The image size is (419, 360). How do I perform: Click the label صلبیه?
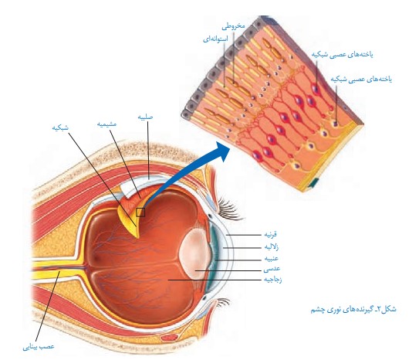point(145,117)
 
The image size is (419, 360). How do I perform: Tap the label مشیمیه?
point(107,124)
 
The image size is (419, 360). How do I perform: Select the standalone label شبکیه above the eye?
point(60,127)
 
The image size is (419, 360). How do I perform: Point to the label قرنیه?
point(270,234)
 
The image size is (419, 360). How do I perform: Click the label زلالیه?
point(272,246)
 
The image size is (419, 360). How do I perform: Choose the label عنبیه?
point(272,258)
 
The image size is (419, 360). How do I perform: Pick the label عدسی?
point(272,269)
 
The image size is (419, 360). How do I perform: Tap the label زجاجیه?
point(273,280)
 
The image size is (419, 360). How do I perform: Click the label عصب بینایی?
point(39,347)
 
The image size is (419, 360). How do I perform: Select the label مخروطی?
point(233,26)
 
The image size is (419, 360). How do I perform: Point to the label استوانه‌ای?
point(215,39)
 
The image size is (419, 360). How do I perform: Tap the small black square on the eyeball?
point(140,212)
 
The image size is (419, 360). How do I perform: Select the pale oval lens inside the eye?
point(195,252)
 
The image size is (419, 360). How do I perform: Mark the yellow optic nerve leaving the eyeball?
point(57,270)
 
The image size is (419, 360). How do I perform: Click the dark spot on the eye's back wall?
point(96,258)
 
